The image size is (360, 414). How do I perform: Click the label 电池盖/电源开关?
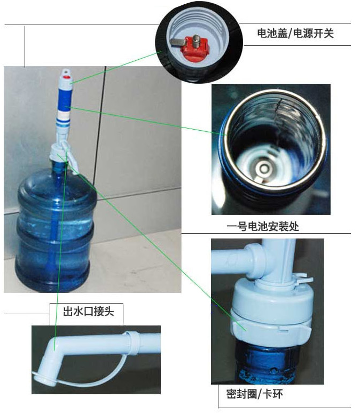tap(295, 34)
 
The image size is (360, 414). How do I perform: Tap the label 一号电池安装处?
tap(263, 227)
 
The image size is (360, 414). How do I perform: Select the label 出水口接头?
tap(89, 311)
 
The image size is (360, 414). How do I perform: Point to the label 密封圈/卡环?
tap(254, 394)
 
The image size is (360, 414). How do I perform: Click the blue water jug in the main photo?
tap(53, 227)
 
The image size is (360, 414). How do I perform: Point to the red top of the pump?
tap(67, 77)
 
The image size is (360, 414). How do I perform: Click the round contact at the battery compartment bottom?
tap(263, 168)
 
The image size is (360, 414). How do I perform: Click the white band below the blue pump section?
tap(64, 115)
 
